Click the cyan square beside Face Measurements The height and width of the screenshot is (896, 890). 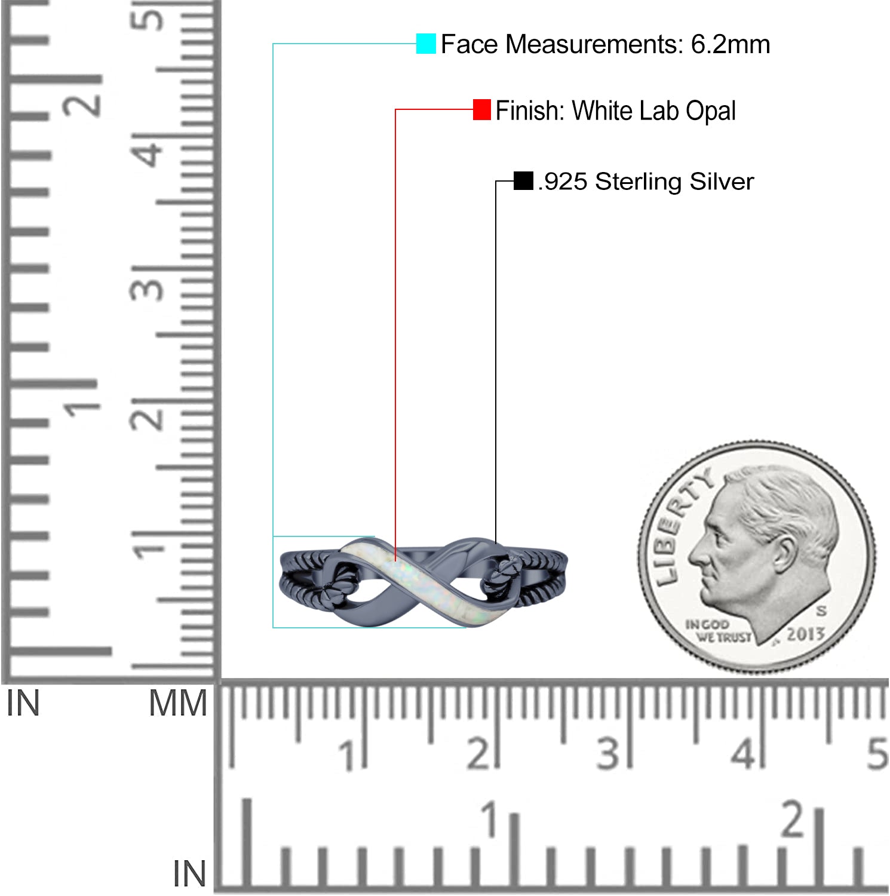point(426,44)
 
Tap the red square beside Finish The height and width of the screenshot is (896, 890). point(482,110)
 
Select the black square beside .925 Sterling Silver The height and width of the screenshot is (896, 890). point(523,181)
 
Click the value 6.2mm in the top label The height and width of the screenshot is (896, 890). point(731,44)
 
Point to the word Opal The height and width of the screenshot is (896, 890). point(710,112)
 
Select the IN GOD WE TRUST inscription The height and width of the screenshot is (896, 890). point(717,631)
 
